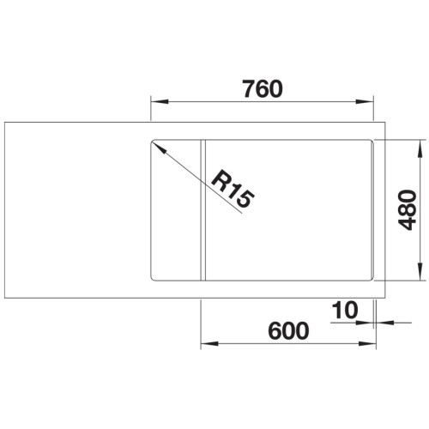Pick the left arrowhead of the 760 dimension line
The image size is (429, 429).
[157, 103]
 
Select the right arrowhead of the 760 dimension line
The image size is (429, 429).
[372, 103]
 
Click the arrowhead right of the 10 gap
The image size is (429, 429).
[383, 323]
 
